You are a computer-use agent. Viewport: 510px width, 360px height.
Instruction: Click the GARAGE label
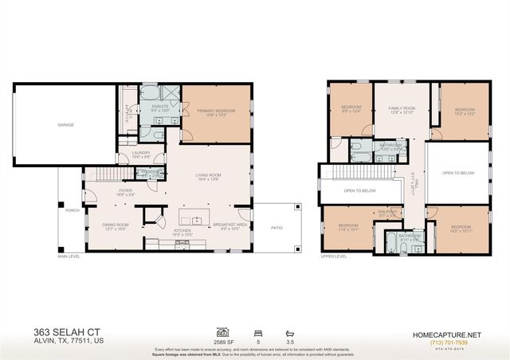[65, 125]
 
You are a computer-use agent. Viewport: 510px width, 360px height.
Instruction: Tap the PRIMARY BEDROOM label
[217, 114]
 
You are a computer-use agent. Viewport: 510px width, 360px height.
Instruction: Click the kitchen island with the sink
[191, 221]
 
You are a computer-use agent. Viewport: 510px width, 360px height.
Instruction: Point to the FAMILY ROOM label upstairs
[401, 109]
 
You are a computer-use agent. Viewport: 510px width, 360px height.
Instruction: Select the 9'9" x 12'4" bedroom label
[351, 109]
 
